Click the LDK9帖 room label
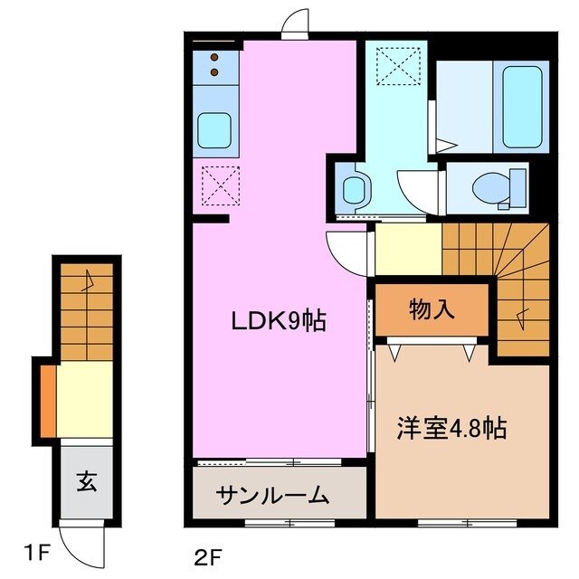[278, 319]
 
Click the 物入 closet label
[432, 310]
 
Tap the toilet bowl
[494, 187]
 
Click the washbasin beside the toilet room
[353, 189]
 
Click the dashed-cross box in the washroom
[394, 65]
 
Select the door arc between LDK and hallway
[344, 249]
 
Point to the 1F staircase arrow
[88, 280]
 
